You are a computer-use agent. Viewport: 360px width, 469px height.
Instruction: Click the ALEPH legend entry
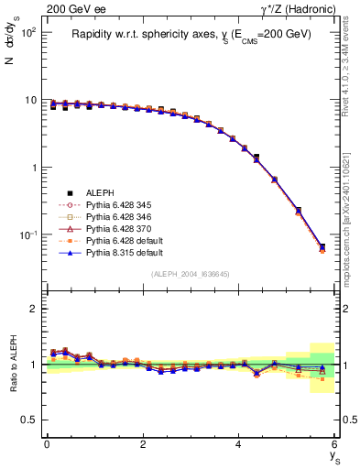pyautogui.click(x=100, y=193)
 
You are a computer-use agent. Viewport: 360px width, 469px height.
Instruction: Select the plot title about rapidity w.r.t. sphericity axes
pyautogui.click(x=191, y=34)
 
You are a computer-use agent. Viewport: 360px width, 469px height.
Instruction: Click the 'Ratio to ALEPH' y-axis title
pyautogui.click(x=14, y=364)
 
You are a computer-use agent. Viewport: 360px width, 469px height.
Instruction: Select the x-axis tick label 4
pyautogui.click(x=239, y=443)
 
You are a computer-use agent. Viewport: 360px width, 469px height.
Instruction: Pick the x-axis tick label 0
pyautogui.click(x=47, y=443)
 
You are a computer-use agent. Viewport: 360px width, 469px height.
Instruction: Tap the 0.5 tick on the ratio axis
pyautogui.click(x=32, y=419)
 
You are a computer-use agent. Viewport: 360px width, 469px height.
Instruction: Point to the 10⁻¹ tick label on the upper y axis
pyautogui.click(x=28, y=235)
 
